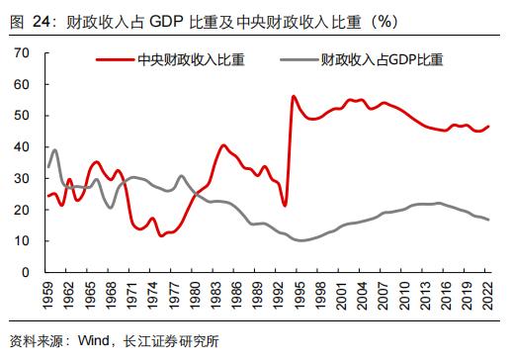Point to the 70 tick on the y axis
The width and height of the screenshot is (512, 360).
(22, 52)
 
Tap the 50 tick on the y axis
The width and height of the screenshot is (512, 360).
(22, 115)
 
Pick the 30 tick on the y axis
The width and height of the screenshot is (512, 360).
(22, 178)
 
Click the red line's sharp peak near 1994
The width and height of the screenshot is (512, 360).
(294, 96)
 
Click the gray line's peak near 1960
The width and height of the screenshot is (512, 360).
(55, 150)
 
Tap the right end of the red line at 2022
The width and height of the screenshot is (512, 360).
(489, 126)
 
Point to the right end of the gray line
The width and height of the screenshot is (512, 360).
(489, 220)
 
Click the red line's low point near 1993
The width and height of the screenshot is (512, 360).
(285, 206)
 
